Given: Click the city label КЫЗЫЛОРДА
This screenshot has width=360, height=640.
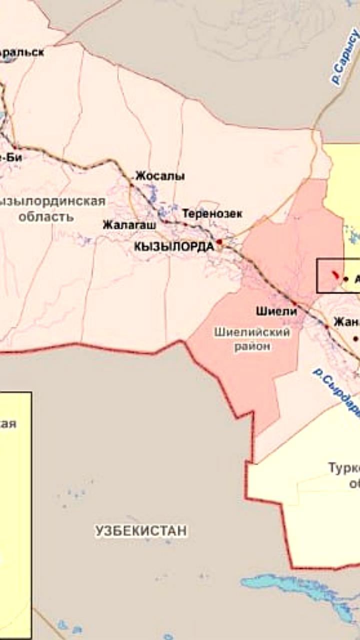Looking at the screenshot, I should pos(174,246).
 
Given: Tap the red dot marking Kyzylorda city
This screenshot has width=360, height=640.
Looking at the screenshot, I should pos(219,241).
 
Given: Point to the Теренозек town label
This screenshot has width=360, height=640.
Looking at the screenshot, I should pos(212,214).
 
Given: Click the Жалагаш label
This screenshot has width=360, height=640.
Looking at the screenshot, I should pos(129,224).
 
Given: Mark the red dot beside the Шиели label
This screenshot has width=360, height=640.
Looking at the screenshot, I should pos(294,303).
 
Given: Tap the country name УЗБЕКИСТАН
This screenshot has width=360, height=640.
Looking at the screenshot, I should pos(141,530).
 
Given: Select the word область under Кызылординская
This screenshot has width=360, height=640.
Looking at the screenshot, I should pos(46,217).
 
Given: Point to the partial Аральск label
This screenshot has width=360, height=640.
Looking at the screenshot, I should pos(22,52).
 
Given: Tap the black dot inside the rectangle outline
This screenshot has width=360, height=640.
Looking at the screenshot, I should pos(346,279).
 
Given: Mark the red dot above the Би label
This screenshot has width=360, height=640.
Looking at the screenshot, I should pos(15,146).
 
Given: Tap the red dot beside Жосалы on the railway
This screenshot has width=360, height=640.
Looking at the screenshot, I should pos(132,185).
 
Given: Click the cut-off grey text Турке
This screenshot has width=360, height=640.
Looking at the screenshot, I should pos(344,468).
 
